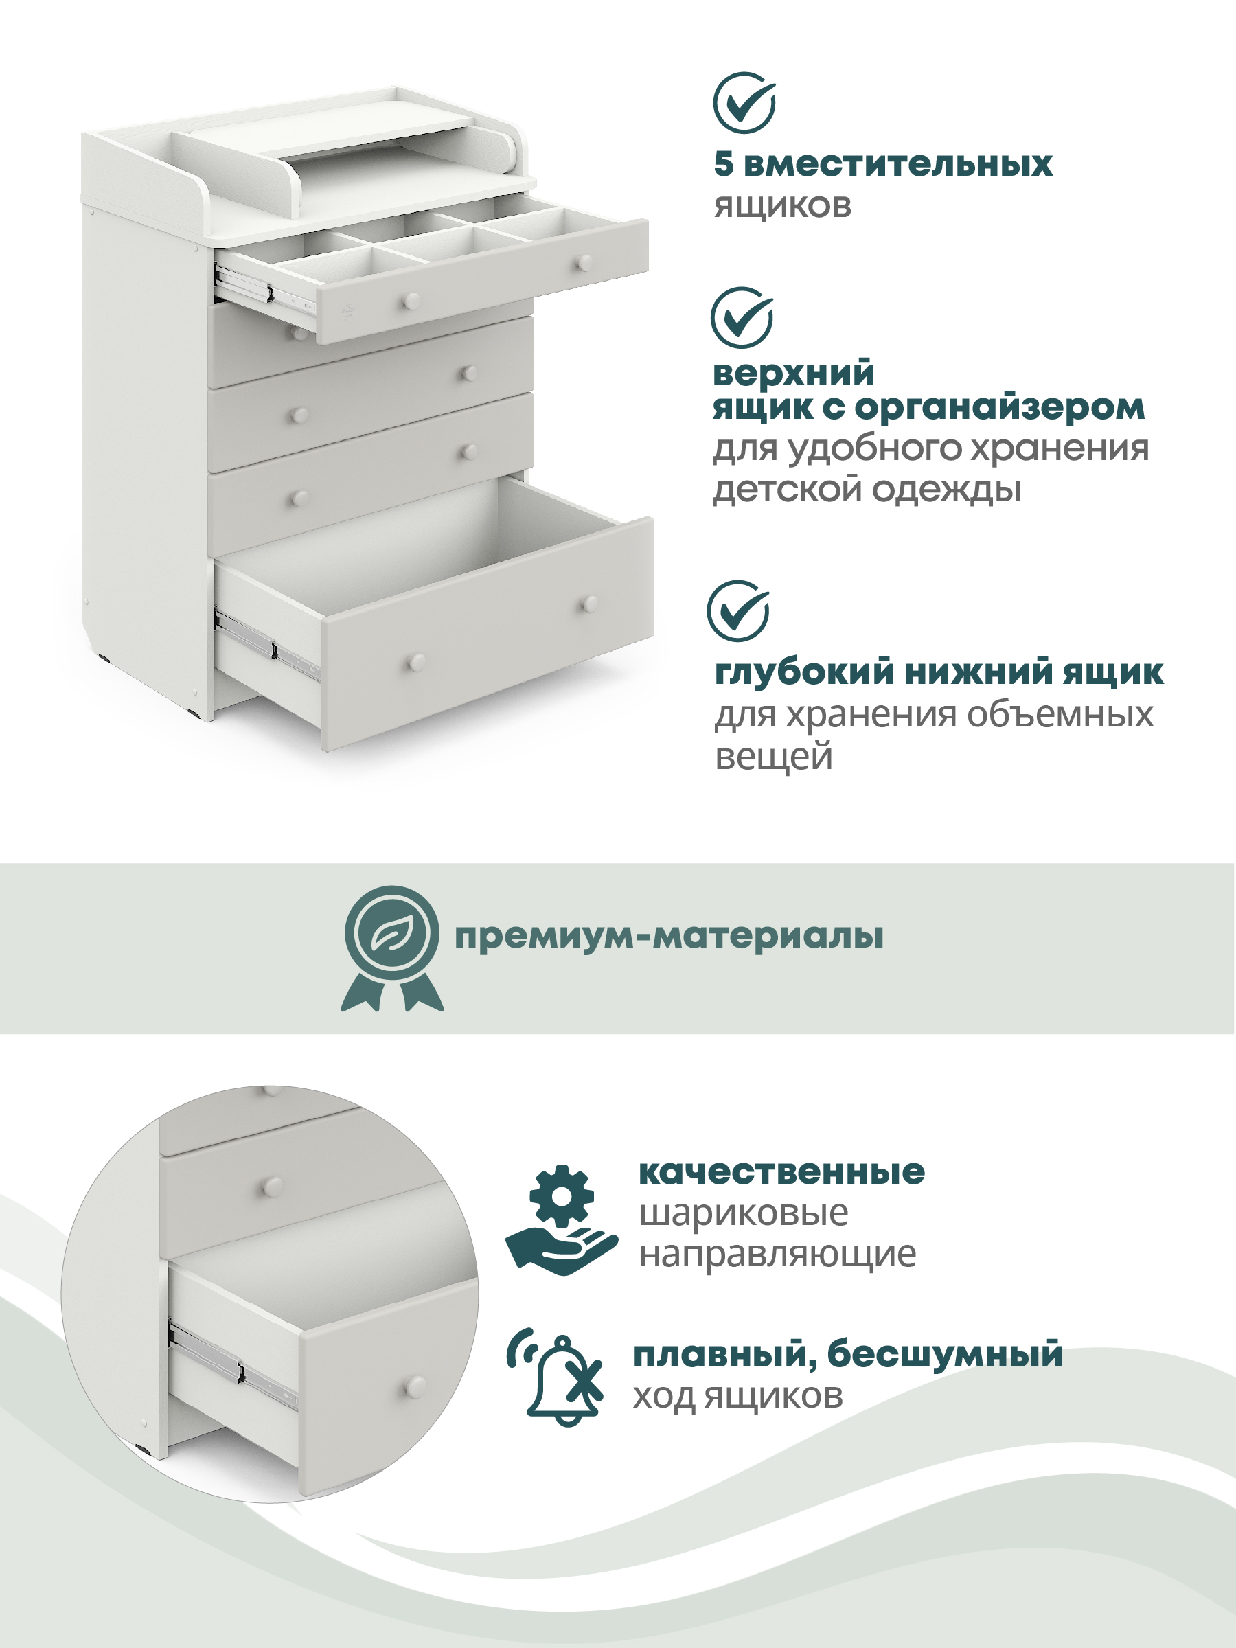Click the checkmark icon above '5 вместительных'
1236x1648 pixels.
click(744, 103)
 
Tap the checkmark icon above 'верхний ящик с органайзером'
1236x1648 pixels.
click(742, 318)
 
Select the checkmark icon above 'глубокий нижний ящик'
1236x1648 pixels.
click(738, 611)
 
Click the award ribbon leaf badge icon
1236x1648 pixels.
click(392, 948)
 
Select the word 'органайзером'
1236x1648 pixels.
click(1000, 409)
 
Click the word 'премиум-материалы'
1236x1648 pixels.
click(669, 937)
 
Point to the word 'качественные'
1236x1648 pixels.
click(781, 1173)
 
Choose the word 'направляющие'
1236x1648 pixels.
click(778, 1255)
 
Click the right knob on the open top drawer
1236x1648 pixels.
click(586, 263)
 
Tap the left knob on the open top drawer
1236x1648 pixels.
click(411, 301)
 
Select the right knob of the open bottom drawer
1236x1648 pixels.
click(590, 604)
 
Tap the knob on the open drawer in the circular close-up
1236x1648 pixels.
click(415, 1386)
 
